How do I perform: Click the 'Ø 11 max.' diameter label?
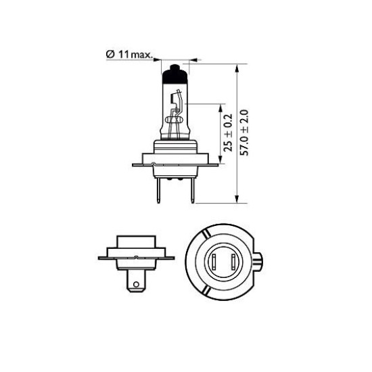point(129,55)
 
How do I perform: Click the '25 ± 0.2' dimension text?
point(228,133)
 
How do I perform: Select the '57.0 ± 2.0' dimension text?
point(243,133)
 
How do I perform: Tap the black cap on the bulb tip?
point(175,74)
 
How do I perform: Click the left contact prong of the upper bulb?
point(158,191)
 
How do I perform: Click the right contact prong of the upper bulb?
point(192,191)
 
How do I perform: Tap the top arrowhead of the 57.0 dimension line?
point(236,68)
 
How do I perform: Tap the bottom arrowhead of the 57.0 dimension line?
point(236,199)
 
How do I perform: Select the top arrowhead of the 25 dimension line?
point(220,108)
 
